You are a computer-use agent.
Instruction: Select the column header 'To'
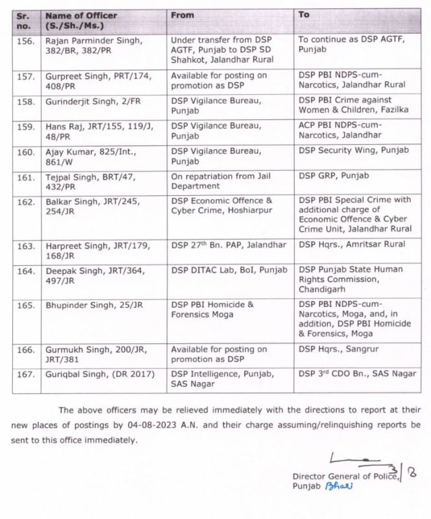click(304, 14)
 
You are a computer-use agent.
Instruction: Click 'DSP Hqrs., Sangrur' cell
click(339, 349)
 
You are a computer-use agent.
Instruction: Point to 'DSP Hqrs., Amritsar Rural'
click(352, 245)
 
